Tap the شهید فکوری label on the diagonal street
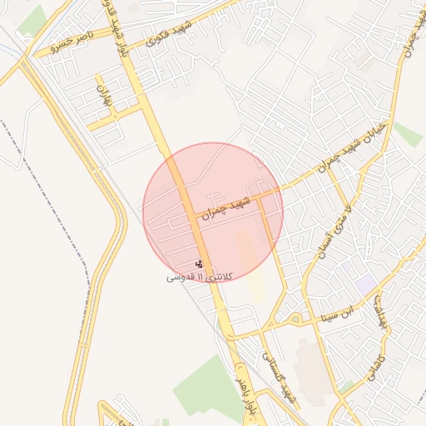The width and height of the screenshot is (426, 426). pos(170,32)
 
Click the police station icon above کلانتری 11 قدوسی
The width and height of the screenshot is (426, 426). pos(198,264)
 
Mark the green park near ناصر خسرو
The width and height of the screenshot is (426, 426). pos(32,20)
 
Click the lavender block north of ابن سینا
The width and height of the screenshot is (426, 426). pos(365,284)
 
